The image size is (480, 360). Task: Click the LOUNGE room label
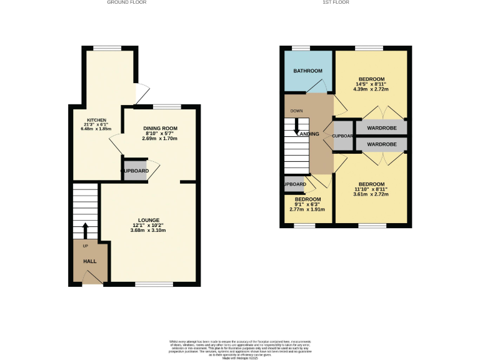click(x=149, y=220)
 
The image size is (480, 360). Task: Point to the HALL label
click(x=90, y=261)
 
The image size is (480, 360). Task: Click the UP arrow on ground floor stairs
click(x=85, y=229)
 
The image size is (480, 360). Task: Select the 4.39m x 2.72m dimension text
click(x=371, y=89)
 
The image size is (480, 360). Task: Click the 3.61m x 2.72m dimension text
click(x=371, y=194)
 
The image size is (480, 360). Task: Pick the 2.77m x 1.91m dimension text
click(x=307, y=209)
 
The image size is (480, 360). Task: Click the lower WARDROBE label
click(x=381, y=144)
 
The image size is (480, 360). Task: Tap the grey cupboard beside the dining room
click(x=135, y=171)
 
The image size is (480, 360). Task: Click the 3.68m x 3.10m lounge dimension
click(x=149, y=231)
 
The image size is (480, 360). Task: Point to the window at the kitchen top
click(x=107, y=48)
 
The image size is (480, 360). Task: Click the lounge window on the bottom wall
click(x=154, y=284)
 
